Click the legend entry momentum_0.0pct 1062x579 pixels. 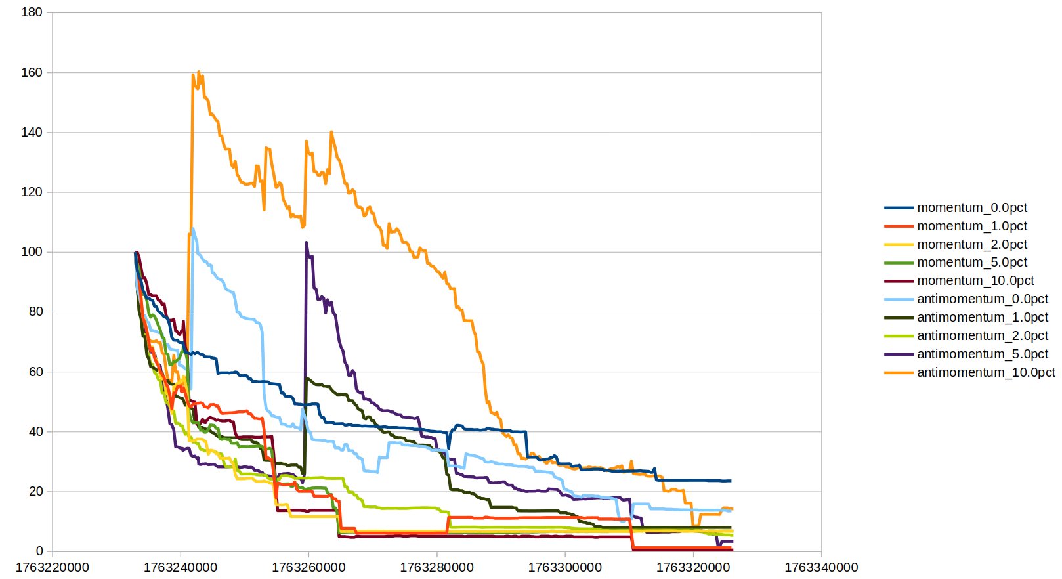pos(971,208)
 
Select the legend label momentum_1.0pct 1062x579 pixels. pos(971,226)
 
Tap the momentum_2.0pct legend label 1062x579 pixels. pos(971,245)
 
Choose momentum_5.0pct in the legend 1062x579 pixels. pos(971,263)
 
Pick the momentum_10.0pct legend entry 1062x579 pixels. pos(975,281)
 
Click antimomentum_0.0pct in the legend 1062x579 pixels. pos(982,299)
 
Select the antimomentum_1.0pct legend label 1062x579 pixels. pos(982,318)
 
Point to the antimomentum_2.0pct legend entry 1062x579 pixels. pos(982,336)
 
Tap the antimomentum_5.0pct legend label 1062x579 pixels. pos(982,354)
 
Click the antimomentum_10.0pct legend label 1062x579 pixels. pos(985,373)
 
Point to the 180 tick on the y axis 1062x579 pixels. pos(32,12)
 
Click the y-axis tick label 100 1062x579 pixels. pos(32,252)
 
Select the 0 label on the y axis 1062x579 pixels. pos(39,551)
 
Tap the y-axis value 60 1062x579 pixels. pos(35,372)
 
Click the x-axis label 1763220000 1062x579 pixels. pos(53,568)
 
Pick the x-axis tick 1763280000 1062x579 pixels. pos(436,568)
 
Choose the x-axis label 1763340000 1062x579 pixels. pos(821,568)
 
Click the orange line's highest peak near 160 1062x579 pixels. pos(198,72)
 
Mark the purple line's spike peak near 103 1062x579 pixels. pos(307,243)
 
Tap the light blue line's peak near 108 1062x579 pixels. pos(193,229)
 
